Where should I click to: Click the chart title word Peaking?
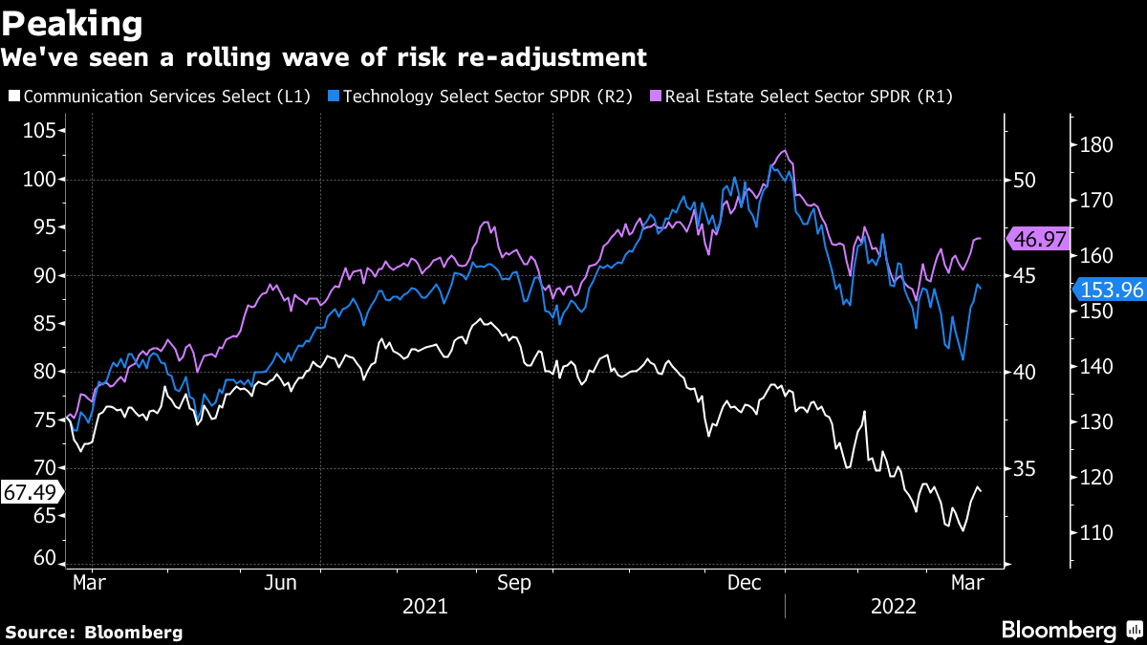pos(73,22)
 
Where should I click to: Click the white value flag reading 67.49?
pos(30,492)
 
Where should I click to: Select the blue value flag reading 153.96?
pos(1110,290)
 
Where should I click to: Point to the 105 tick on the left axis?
pos(38,131)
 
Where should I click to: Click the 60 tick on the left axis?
pos(43,558)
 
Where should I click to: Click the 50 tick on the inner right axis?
pos(1025,180)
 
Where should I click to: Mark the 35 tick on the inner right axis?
pos(1025,468)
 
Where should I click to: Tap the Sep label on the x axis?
pos(514,581)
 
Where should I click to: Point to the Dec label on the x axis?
pos(746,581)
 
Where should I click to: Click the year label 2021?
pos(424,606)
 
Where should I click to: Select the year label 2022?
pos(895,606)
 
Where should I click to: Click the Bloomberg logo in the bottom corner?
pos(1058,631)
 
